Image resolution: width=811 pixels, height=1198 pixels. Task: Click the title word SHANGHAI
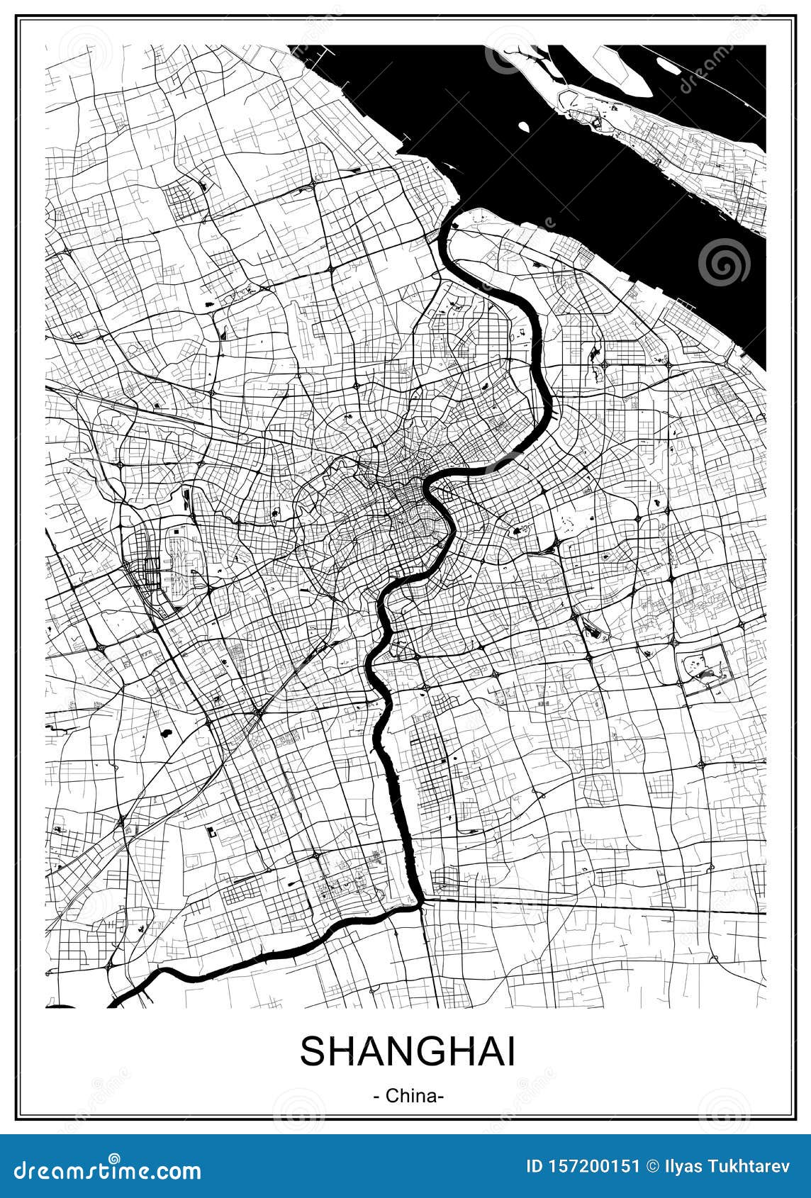(408, 1051)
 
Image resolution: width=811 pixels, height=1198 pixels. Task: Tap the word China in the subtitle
(409, 1096)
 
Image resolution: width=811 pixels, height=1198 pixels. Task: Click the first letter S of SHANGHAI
(313, 1051)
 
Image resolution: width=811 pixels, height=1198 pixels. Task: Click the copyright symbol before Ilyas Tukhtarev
(653, 1166)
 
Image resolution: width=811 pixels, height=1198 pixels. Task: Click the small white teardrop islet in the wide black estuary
(524, 127)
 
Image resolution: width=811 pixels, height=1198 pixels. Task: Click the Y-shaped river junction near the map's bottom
(421, 902)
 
